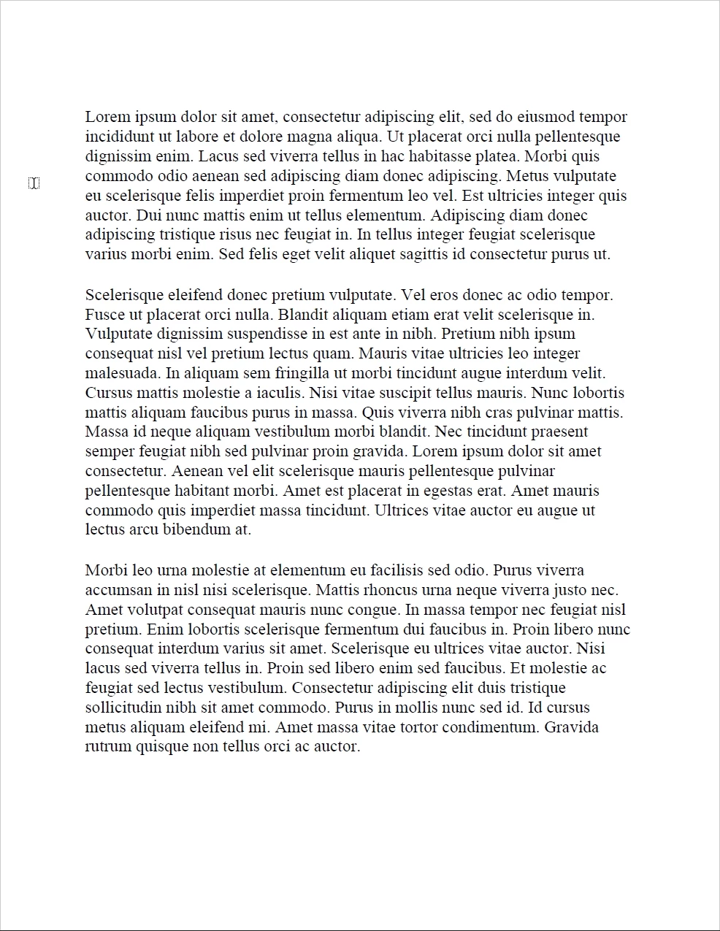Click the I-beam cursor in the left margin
pyautogui.click(x=34, y=183)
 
